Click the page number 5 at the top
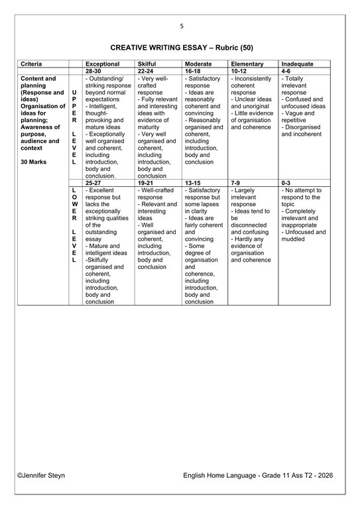[180, 26]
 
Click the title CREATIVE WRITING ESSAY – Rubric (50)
[180, 48]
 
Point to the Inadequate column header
[298, 64]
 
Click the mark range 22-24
[146, 70]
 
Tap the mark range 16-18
[193, 70]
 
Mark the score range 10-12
[239, 70]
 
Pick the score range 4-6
[286, 70]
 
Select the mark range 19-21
[146, 182]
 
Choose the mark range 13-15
[193, 182]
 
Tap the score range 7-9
[236, 182]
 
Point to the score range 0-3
[286, 182]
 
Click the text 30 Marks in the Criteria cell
[33, 161]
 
